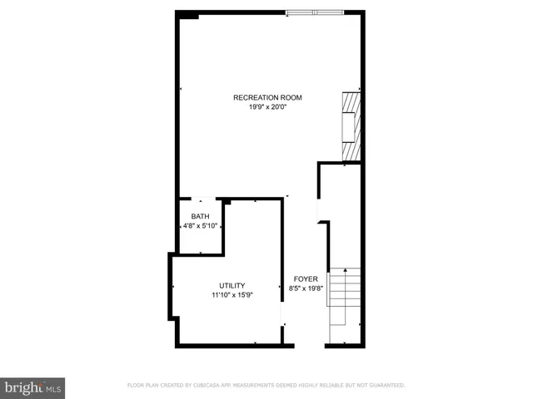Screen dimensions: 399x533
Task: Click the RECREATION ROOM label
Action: (x=267, y=97)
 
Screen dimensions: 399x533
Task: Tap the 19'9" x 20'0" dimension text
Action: (x=267, y=106)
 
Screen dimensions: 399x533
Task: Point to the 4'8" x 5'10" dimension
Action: (x=200, y=225)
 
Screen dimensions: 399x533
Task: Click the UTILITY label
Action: (x=232, y=285)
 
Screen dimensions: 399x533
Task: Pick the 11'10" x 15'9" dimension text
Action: (x=232, y=294)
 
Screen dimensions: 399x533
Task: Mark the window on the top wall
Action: (x=314, y=12)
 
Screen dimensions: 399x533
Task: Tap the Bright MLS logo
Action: (x=32, y=387)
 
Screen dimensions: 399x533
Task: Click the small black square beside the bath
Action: (x=226, y=201)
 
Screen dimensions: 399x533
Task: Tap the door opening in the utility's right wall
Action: (x=283, y=314)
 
